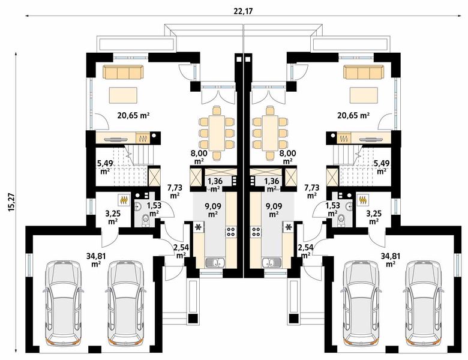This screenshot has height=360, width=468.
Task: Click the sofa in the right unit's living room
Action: tap(362, 73)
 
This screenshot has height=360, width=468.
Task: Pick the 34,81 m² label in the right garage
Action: tap(391, 258)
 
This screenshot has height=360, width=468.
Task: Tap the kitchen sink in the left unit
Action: tap(214, 262)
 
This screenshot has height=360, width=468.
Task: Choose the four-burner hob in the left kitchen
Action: tap(230, 231)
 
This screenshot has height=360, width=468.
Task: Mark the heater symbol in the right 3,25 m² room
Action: tap(362, 198)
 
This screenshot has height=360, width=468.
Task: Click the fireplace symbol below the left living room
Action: tap(144, 139)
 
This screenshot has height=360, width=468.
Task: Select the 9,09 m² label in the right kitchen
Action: tap(273, 210)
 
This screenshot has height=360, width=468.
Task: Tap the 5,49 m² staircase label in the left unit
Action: tap(105, 166)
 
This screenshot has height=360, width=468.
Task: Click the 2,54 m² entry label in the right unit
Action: tap(304, 251)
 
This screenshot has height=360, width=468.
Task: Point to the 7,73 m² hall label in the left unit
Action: tap(175, 191)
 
